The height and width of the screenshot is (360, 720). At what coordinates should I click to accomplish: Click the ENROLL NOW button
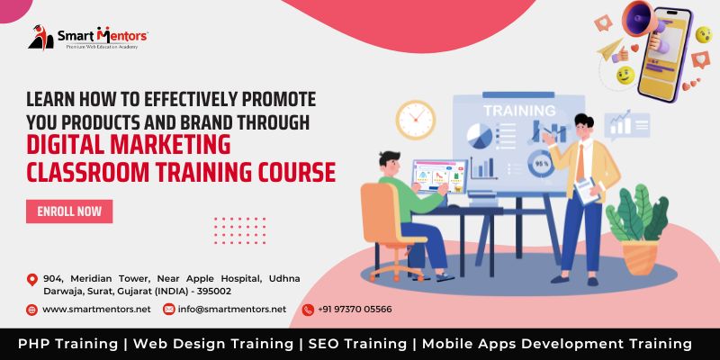click(x=69, y=211)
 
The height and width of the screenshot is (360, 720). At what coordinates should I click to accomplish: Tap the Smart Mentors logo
click(x=87, y=38)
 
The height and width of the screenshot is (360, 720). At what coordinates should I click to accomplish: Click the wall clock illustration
click(x=416, y=120)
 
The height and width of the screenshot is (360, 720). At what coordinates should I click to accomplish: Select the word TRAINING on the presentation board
click(x=519, y=111)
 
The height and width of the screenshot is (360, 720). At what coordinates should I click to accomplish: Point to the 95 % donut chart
click(x=541, y=164)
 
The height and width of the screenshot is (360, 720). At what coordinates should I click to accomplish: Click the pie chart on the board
click(x=480, y=137)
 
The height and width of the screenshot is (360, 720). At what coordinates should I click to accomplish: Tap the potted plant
click(x=638, y=229)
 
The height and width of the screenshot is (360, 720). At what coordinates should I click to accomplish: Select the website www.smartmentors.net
click(x=96, y=310)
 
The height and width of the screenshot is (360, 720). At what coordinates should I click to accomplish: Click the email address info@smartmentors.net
click(x=232, y=310)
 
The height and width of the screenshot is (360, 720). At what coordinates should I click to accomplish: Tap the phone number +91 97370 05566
click(x=355, y=310)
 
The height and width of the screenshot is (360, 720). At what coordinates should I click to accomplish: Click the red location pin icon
click(x=31, y=279)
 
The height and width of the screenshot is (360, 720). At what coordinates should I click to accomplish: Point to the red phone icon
click(x=308, y=310)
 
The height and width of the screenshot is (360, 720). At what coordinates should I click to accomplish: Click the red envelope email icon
click(x=169, y=310)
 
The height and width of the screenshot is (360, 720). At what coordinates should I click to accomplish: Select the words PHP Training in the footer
click(x=68, y=344)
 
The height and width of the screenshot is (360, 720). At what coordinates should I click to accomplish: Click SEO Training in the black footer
click(x=357, y=344)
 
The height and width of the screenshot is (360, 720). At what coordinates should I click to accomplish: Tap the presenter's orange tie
click(x=580, y=163)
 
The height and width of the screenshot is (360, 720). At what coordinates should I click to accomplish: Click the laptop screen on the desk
click(x=440, y=176)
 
